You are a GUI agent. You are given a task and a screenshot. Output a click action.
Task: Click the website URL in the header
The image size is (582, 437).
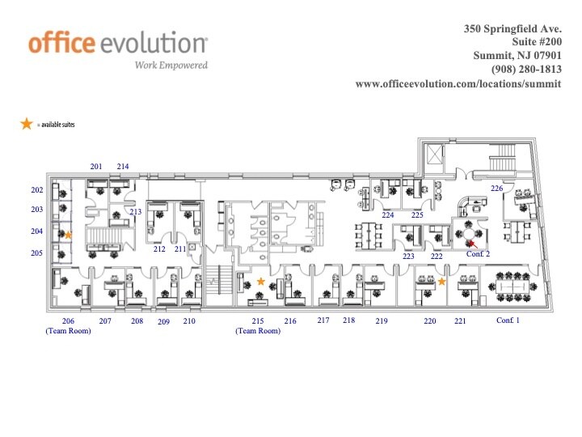click(458, 83)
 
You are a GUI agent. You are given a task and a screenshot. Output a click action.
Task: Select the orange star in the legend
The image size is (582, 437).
click(27, 123)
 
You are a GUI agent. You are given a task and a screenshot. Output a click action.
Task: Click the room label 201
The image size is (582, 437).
click(96, 167)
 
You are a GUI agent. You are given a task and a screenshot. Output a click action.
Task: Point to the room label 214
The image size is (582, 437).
click(123, 167)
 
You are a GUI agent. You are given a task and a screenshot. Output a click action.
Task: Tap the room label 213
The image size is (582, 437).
click(135, 212)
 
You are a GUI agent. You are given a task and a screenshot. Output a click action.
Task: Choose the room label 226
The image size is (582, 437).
click(496, 189)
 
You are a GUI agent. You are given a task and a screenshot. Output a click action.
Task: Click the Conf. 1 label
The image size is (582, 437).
click(508, 320)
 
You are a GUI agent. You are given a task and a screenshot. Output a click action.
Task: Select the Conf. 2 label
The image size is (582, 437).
click(479, 254)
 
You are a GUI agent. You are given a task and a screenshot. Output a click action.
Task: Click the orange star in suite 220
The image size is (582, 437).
click(442, 282)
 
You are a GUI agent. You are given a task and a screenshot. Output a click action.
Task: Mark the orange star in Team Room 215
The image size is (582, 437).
click(260, 281)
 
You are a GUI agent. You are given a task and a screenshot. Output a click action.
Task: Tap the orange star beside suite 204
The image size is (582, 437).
click(69, 235)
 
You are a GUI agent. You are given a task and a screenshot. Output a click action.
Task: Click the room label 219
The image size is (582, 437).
click(382, 321)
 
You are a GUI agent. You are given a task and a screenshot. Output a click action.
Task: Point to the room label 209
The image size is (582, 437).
click(163, 322)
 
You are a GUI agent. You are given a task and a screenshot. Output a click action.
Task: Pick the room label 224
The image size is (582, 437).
click(388, 215)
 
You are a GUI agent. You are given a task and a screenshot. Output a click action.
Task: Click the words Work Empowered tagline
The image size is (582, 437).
click(171, 65)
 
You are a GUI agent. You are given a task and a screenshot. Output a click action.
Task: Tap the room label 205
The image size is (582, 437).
click(36, 253)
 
